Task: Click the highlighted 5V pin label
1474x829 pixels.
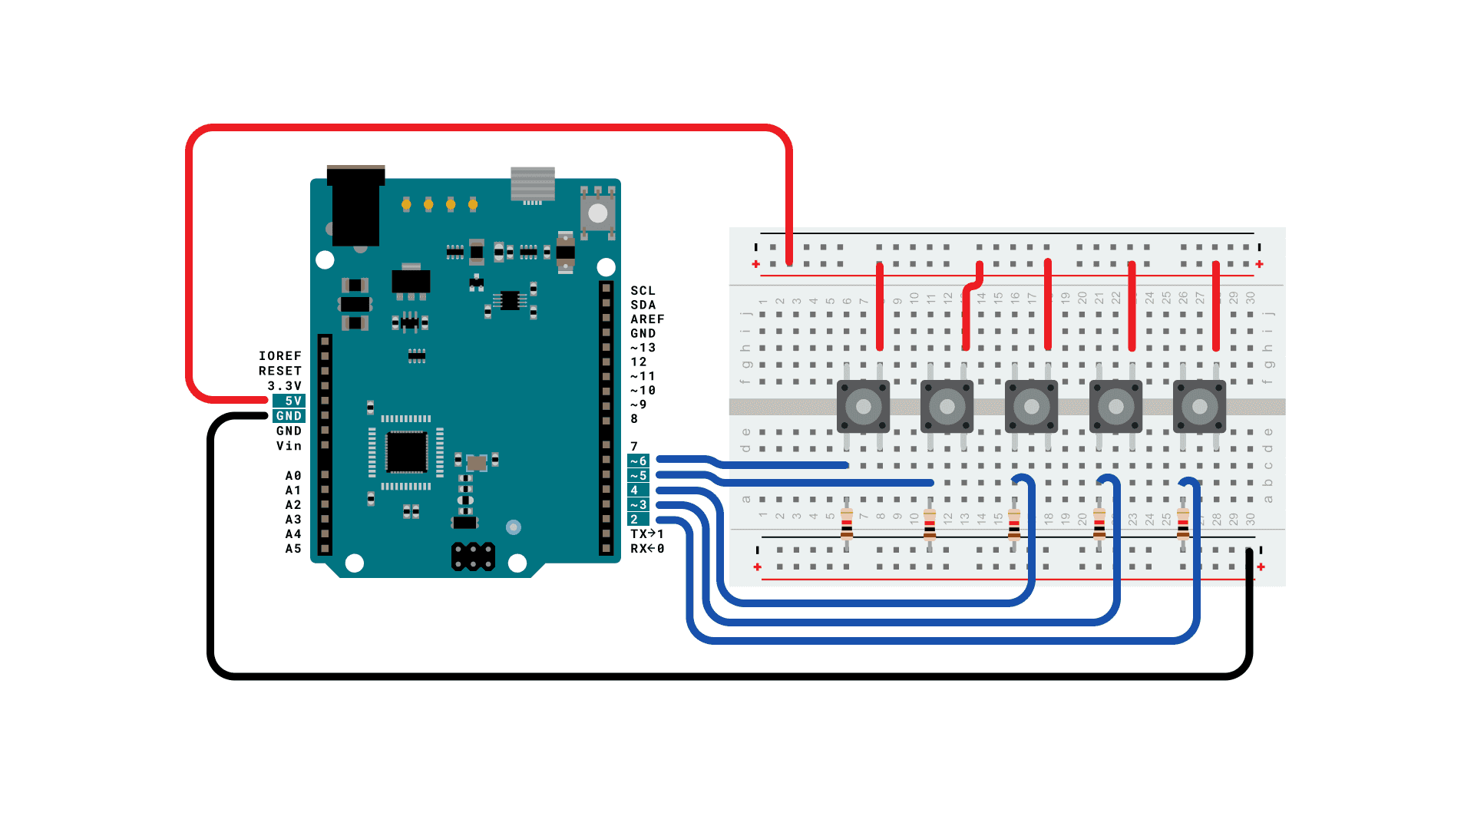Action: pyautogui.click(x=289, y=401)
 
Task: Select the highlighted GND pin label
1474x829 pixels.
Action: pyautogui.click(x=289, y=416)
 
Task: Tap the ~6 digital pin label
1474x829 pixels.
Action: pyautogui.click(x=639, y=461)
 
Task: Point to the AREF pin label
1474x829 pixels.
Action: pyautogui.click(x=647, y=319)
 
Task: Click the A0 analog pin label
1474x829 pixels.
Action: pyautogui.click(x=293, y=476)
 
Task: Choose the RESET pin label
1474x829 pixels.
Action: pyautogui.click(x=280, y=371)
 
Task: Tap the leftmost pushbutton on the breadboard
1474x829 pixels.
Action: pyautogui.click(x=863, y=407)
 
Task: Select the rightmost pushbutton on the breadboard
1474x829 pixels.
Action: pyautogui.click(x=1199, y=407)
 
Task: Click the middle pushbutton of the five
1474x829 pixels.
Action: pyautogui.click(x=1031, y=407)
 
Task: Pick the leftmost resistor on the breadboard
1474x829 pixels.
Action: pyautogui.click(x=847, y=524)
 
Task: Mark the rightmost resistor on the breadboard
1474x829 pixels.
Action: pyautogui.click(x=1183, y=524)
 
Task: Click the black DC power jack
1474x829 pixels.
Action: pyautogui.click(x=355, y=206)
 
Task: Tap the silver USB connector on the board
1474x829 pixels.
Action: pyautogui.click(x=533, y=184)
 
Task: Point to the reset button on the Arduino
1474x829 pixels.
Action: pyautogui.click(x=598, y=213)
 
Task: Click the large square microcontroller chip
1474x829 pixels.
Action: pyautogui.click(x=406, y=452)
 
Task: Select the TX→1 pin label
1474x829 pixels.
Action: pyautogui.click(x=647, y=534)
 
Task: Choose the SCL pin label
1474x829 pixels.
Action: pyautogui.click(x=643, y=291)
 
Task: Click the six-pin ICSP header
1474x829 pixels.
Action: pyautogui.click(x=473, y=557)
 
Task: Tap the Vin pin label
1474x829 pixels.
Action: pyautogui.click(x=289, y=446)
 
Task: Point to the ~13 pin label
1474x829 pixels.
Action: pyautogui.click(x=643, y=348)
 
